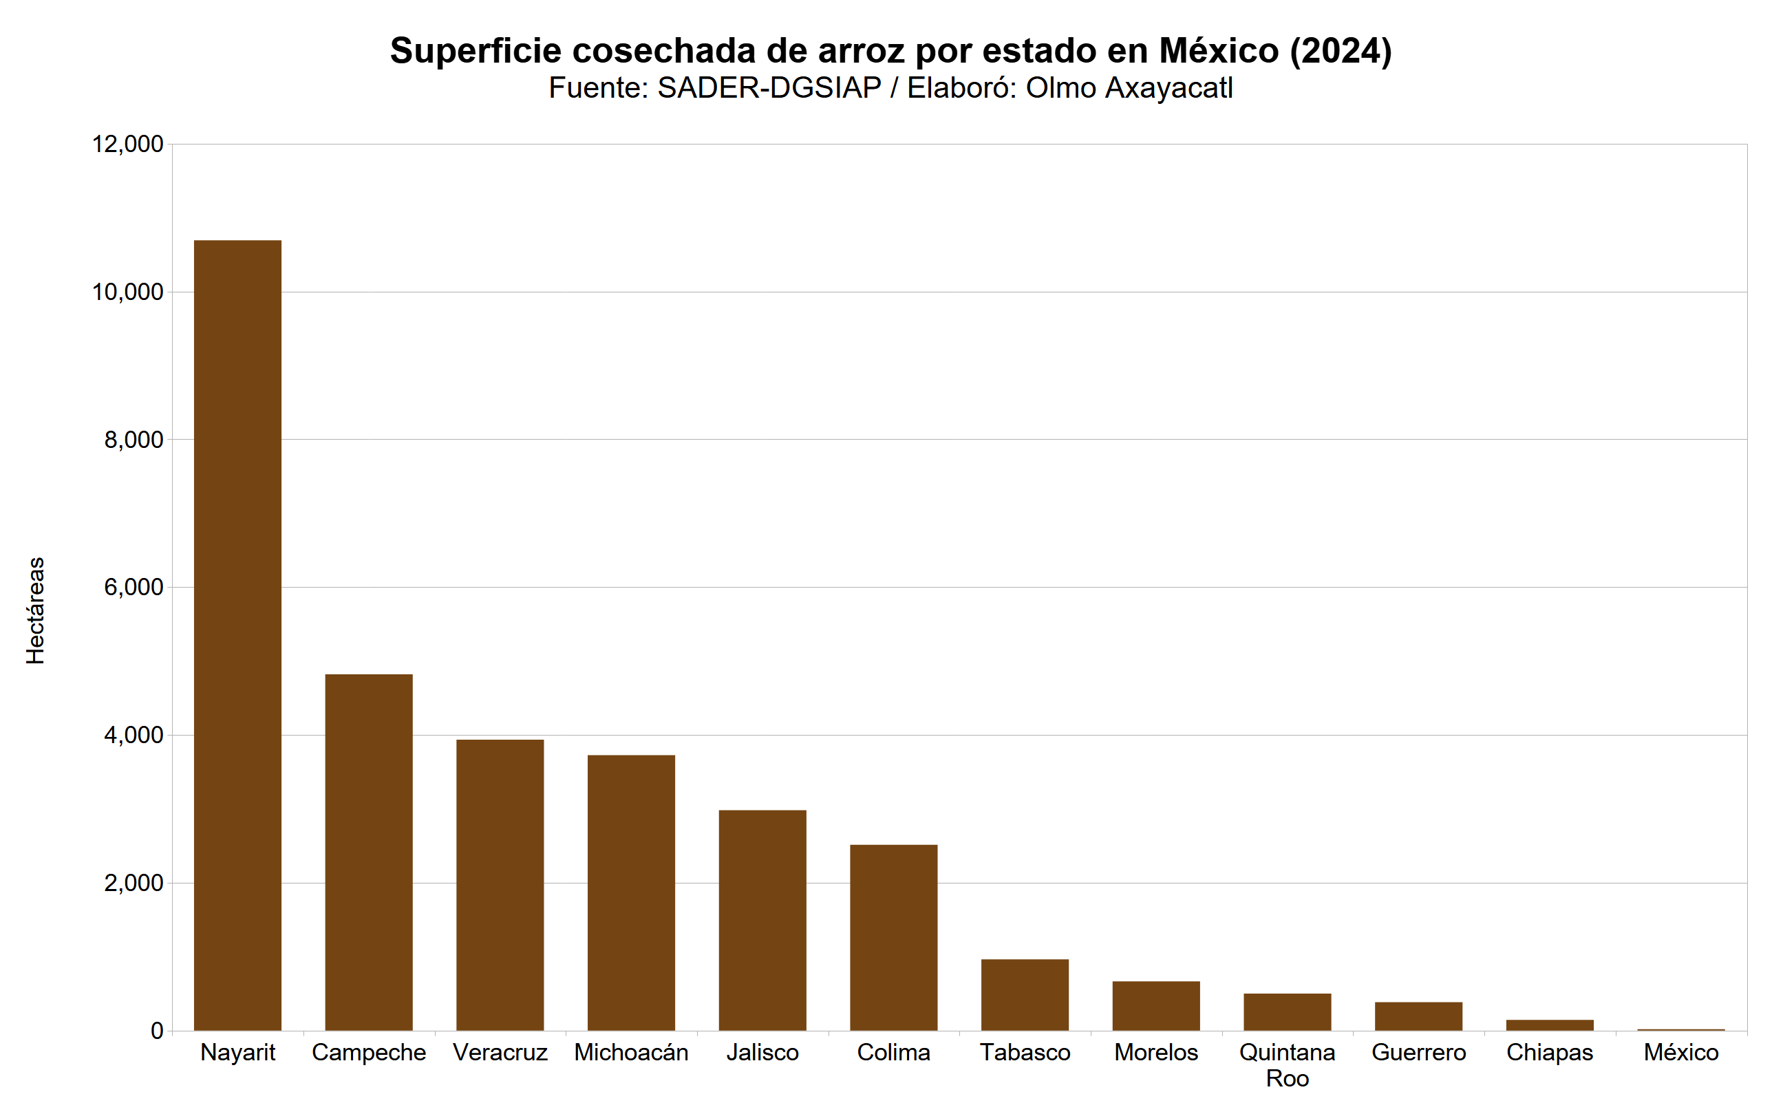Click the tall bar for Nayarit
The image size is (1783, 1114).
coord(237,635)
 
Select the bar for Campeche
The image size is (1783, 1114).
coord(368,852)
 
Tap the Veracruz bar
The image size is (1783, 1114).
coord(500,884)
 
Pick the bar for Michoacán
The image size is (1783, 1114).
coord(630,892)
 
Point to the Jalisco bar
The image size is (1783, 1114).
coord(762,919)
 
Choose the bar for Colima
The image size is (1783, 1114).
coord(893,937)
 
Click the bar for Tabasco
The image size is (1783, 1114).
coord(1024,995)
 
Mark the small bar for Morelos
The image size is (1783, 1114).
coord(1155,1006)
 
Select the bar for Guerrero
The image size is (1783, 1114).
coord(1418,1016)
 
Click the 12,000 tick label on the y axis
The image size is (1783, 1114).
coord(127,144)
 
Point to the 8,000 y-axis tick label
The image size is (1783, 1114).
coord(133,440)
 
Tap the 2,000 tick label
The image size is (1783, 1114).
coord(133,883)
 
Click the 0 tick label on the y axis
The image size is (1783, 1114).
coord(156,1031)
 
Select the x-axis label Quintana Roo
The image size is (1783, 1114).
coord(1286,1064)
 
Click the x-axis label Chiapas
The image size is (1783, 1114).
coord(1549,1052)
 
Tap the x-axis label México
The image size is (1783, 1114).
coord(1680,1052)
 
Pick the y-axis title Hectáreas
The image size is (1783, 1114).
coord(35,611)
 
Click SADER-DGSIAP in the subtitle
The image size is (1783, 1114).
coord(769,88)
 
